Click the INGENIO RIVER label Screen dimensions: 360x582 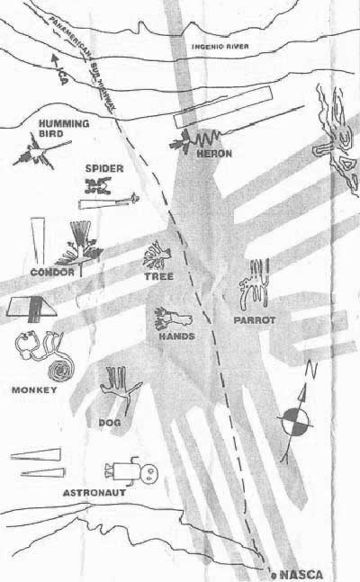[220, 47]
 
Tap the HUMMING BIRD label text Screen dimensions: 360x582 [64, 128]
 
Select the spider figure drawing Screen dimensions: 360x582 [98, 185]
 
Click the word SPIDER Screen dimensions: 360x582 [104, 168]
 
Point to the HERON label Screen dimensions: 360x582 [214, 153]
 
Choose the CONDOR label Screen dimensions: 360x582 [52, 272]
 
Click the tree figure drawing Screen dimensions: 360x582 [157, 255]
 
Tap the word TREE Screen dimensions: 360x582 [159, 276]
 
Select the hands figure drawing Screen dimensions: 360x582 [173, 318]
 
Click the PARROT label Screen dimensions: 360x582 [255, 320]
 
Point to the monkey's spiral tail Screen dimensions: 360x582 [61, 369]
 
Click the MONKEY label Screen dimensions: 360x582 [34, 389]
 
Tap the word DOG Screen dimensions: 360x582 [110, 423]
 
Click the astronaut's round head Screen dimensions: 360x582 [149, 473]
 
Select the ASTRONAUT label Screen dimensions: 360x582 [94, 493]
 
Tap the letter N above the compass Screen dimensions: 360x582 [311, 370]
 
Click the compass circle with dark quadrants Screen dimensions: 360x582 [295, 422]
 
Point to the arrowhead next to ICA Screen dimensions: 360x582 [55, 59]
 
